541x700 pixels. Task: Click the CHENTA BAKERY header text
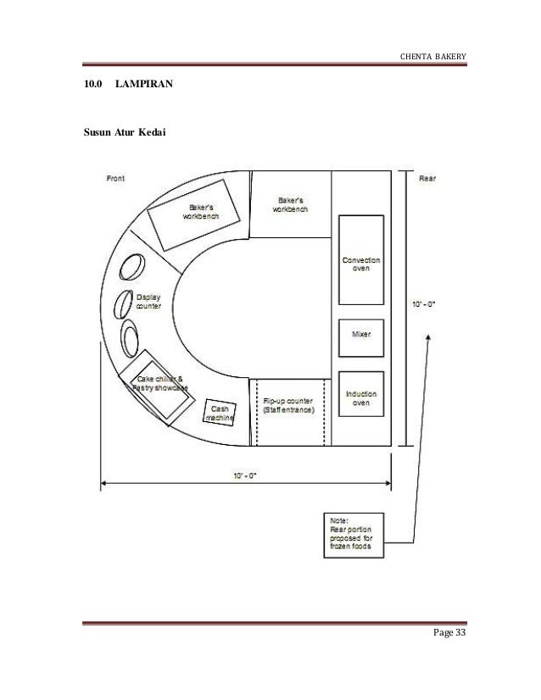coord(432,57)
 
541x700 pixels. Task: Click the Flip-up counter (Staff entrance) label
coord(288,405)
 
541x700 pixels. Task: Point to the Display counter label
coord(148,301)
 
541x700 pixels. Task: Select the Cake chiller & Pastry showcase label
coord(159,383)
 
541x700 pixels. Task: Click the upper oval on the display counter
coord(132,268)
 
